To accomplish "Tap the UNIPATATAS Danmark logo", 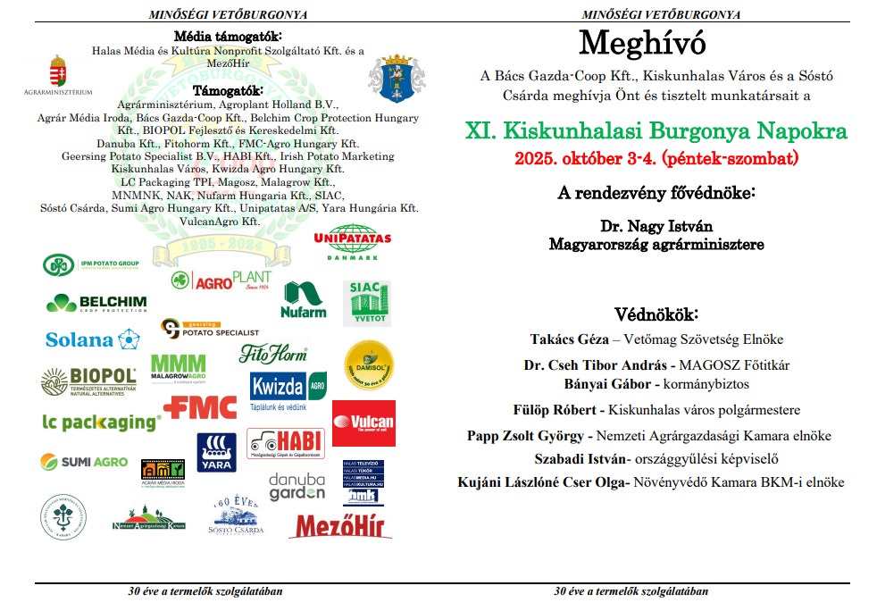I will coord(353,243).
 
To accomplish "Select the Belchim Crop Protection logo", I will coord(96,302).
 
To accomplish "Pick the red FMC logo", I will coord(200,407).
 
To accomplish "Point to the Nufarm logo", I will coord(304,300).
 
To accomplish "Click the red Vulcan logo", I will coord(363,423).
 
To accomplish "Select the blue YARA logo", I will coord(216,452).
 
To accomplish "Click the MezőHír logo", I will coord(340,524).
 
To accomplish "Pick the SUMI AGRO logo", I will coord(83,461).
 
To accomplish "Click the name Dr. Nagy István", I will coord(656,227).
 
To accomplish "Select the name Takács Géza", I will coord(565,339).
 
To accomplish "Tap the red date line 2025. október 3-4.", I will coord(656,159).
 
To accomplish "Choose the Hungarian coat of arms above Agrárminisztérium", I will coord(58,71).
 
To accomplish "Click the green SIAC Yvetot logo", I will coord(366,303).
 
